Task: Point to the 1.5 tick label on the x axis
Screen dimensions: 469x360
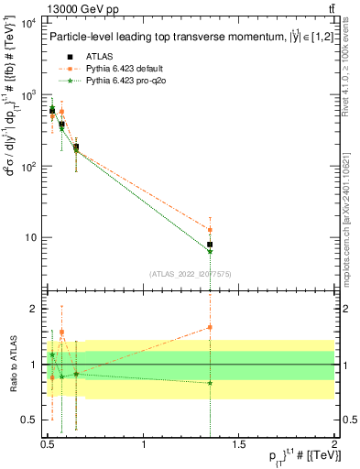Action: [x=239, y=444]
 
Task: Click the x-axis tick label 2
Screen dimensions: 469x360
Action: [x=333, y=444]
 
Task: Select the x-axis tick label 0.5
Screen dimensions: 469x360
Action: [x=48, y=444]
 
